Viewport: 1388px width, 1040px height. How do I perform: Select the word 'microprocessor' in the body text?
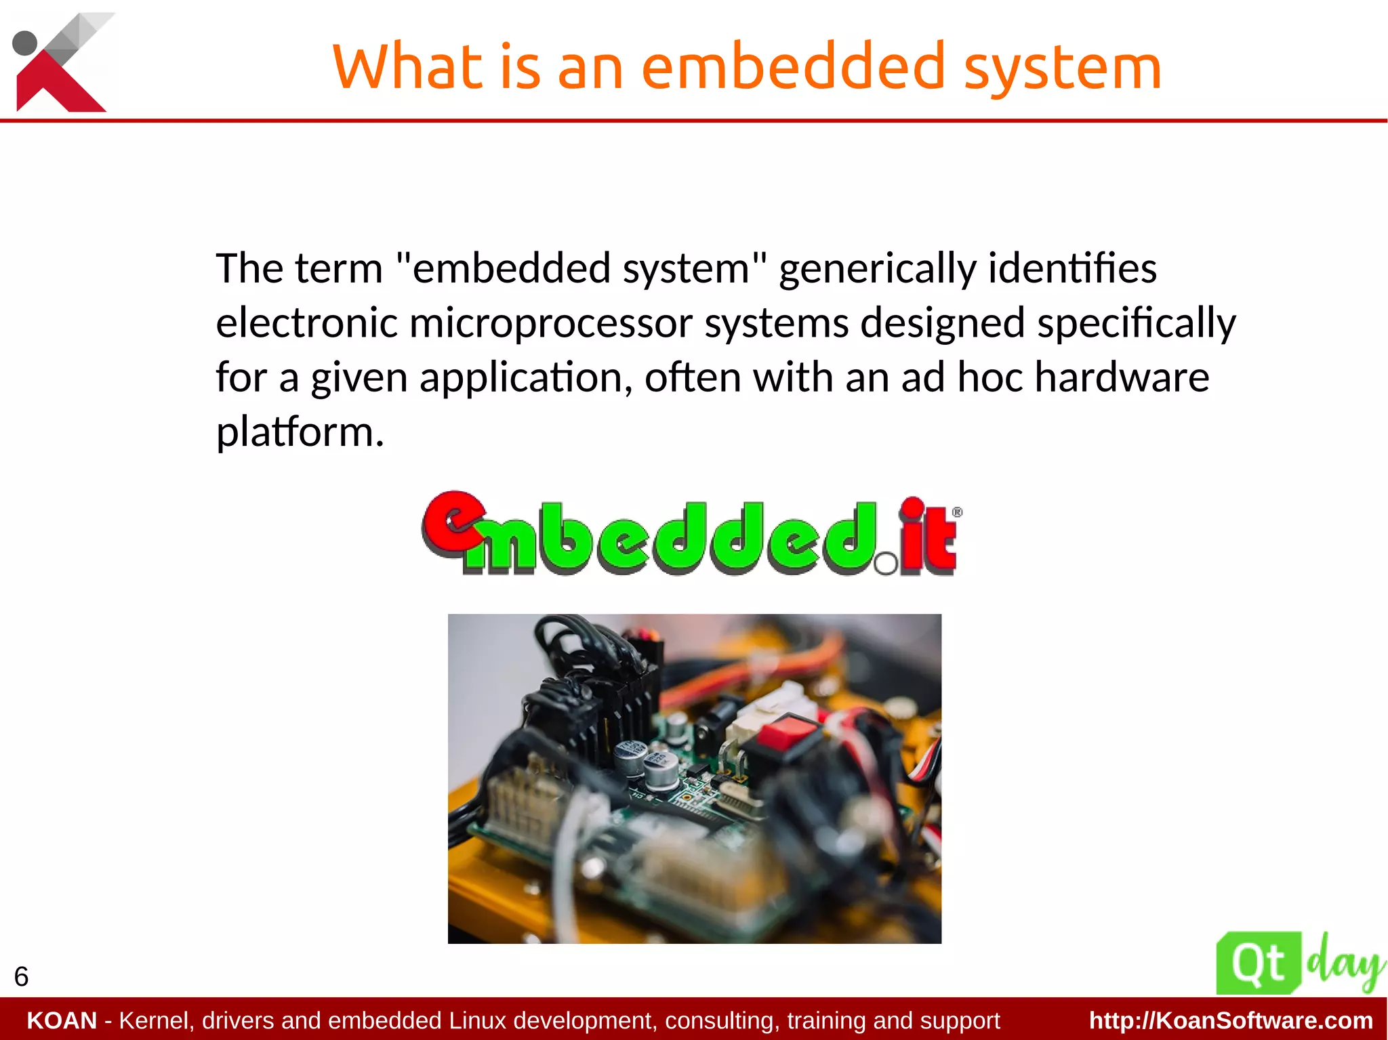click(550, 323)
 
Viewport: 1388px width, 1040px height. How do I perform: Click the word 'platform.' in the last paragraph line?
click(300, 432)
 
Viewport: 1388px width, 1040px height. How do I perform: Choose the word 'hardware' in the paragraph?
click(1122, 377)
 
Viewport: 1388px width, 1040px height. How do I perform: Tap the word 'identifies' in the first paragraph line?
click(1072, 268)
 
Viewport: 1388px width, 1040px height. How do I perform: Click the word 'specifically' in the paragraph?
click(1136, 323)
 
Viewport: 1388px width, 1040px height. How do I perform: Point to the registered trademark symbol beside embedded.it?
click(957, 512)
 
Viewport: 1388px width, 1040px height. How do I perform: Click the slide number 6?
click(21, 976)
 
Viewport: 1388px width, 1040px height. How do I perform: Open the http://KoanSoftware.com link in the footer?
click(1231, 1020)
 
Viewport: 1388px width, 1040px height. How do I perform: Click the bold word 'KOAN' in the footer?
click(62, 1020)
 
